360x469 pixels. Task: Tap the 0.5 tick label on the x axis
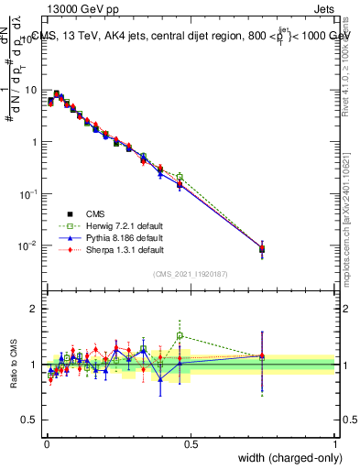(190, 443)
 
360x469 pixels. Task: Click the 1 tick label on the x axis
(335, 443)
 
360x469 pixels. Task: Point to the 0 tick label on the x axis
(46, 443)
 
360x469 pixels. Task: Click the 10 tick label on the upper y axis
(30, 91)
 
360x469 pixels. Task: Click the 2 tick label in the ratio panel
(34, 309)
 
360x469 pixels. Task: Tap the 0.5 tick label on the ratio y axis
(30, 420)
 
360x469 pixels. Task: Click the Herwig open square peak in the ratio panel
(180, 335)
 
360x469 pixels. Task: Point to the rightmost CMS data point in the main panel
(262, 248)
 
